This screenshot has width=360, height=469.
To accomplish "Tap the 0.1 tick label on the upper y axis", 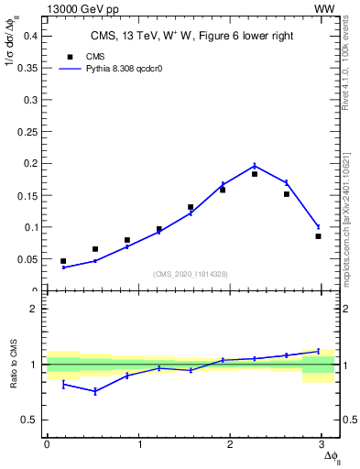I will point(29,227).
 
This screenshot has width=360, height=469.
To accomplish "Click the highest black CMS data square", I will point(255,173).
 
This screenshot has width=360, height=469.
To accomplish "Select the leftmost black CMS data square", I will point(63,261).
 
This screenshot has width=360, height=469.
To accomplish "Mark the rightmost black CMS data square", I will point(318,236).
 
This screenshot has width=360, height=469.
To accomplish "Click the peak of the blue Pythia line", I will point(255,166).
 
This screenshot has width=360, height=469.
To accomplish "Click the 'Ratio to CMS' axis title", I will point(13,364).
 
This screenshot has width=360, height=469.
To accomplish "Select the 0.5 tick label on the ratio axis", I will point(29,420).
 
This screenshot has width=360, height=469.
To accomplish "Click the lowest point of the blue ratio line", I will point(94,391).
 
